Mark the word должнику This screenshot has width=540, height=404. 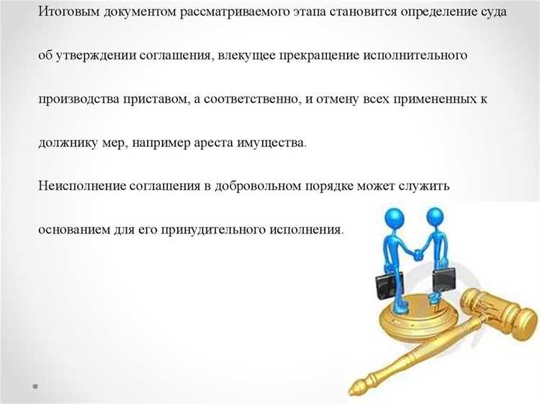(x=68, y=142)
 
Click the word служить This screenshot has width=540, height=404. (x=425, y=185)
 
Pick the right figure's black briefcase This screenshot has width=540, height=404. (x=444, y=279)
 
